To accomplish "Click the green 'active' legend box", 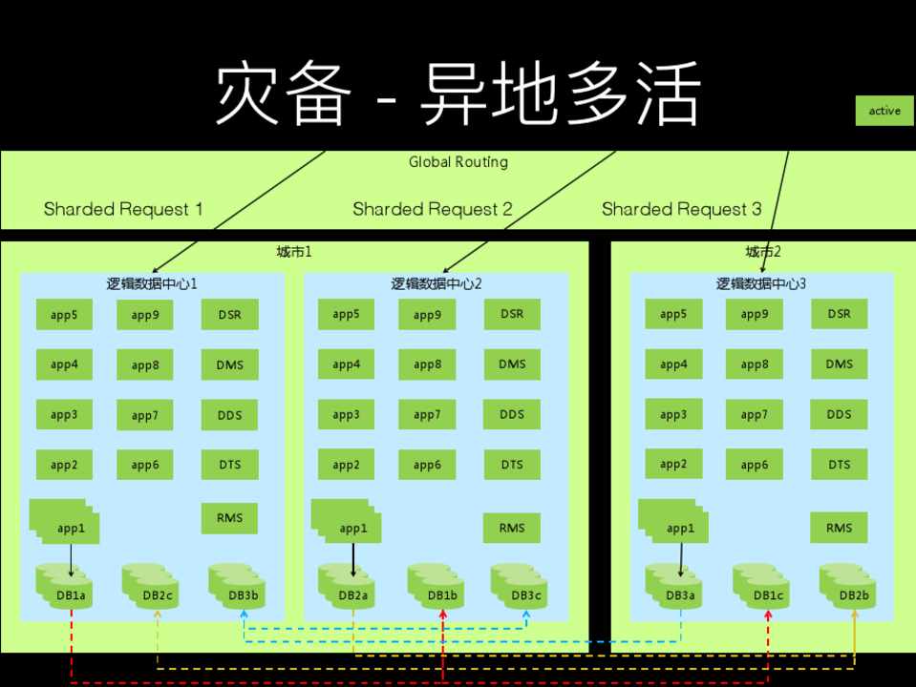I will (x=884, y=111).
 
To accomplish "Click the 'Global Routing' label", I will (x=458, y=162).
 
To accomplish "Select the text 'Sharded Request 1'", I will (x=123, y=209).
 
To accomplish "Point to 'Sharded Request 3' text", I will (x=681, y=209).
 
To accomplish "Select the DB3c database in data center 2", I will (x=520, y=587).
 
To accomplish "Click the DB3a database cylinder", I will (x=674, y=587).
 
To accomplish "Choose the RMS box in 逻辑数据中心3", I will (x=839, y=528).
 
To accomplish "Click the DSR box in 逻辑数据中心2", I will (x=512, y=314).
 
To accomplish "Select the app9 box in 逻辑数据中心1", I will (x=145, y=315).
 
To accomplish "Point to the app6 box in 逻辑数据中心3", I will (x=754, y=465).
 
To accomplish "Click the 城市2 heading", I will (x=763, y=252).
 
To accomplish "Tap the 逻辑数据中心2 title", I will (x=437, y=283).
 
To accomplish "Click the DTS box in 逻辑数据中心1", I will (x=229, y=465).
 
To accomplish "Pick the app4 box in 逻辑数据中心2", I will (x=347, y=364).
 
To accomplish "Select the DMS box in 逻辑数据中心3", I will (x=839, y=364).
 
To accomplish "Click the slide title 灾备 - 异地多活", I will (x=458, y=95).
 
